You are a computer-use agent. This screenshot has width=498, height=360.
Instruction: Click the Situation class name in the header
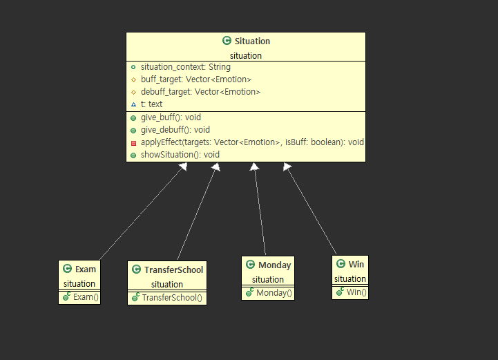pos(252,41)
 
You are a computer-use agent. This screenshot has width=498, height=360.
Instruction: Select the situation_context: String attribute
pos(186,67)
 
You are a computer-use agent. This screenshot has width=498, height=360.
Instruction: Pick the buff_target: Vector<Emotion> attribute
pos(196,79)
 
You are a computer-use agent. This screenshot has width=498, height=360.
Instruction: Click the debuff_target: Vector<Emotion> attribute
pos(200,92)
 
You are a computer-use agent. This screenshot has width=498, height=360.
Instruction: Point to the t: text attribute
pos(151,104)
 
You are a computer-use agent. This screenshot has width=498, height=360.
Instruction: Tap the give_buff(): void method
pos(171,117)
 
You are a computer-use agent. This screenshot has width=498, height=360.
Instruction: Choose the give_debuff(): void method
pos(175,130)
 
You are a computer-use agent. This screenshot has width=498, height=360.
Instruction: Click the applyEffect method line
pos(252,142)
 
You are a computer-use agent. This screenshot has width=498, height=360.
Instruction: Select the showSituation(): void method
pos(180,155)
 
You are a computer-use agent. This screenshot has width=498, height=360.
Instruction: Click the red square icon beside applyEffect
pos(133,143)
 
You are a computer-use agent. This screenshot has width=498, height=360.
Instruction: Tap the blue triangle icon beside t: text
pos(133,104)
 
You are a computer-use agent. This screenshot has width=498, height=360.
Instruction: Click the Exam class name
pos(86,269)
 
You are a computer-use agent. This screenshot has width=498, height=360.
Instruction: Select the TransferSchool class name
pos(173,270)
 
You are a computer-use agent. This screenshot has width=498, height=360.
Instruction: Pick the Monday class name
pos(274,265)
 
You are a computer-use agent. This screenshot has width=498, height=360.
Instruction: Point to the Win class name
pos(356,265)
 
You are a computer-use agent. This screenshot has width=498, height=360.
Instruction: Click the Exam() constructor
pos(86,297)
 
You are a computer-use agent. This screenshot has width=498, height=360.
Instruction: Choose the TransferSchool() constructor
pos(172,298)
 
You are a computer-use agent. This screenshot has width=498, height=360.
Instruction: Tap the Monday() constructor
pos(274,293)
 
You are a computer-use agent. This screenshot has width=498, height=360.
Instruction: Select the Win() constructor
pos(356,292)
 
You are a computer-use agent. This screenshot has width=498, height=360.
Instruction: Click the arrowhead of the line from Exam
pos(183,167)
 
